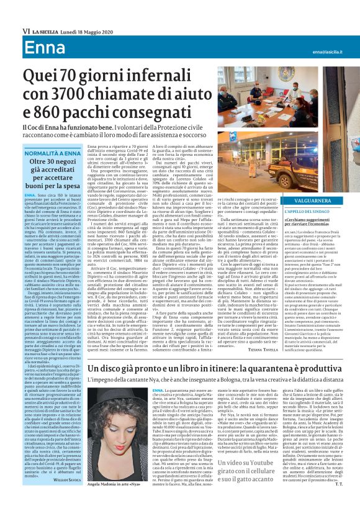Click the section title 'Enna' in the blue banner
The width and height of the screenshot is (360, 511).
(x=27, y=30)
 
